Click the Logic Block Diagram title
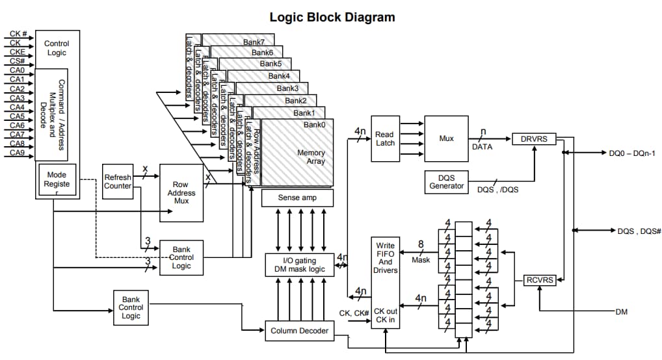(x=332, y=16)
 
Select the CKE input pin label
(x=18, y=51)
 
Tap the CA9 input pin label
(x=17, y=153)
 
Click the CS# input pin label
(x=17, y=60)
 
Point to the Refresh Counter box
(x=118, y=182)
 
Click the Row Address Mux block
(x=181, y=193)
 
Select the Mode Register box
(x=57, y=180)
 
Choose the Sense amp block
(x=297, y=198)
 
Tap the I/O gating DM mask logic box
(x=300, y=264)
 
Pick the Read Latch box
(x=384, y=139)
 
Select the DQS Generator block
(x=447, y=181)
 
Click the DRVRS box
(x=534, y=138)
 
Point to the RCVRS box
(x=539, y=280)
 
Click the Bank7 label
(x=254, y=42)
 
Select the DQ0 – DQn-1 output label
(x=632, y=153)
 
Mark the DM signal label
(x=621, y=312)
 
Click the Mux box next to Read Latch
(x=446, y=138)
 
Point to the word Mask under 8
(x=421, y=260)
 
